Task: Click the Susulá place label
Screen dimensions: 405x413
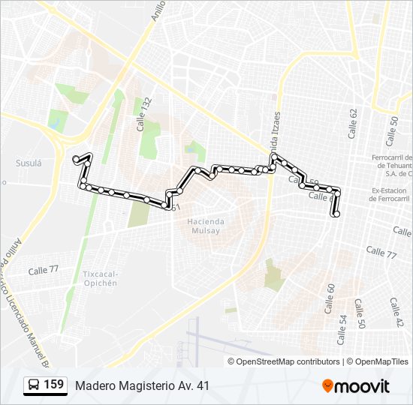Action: (28, 163)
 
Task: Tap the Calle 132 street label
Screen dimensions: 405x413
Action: (144, 114)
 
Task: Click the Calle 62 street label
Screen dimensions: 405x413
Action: (353, 122)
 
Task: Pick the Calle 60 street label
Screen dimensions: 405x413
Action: (329, 298)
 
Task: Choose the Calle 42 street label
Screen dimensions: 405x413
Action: (396, 312)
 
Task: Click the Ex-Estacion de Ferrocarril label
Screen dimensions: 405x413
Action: (392, 195)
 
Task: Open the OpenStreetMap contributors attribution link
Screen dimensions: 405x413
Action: (288, 361)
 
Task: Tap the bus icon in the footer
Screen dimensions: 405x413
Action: (34, 385)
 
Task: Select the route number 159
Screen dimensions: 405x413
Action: (54, 385)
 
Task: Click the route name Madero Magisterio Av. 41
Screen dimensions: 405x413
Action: (142, 385)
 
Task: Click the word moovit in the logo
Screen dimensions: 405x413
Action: (363, 386)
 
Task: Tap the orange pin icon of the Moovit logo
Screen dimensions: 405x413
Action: (328, 385)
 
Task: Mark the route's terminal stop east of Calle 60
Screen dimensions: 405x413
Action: (336, 214)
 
